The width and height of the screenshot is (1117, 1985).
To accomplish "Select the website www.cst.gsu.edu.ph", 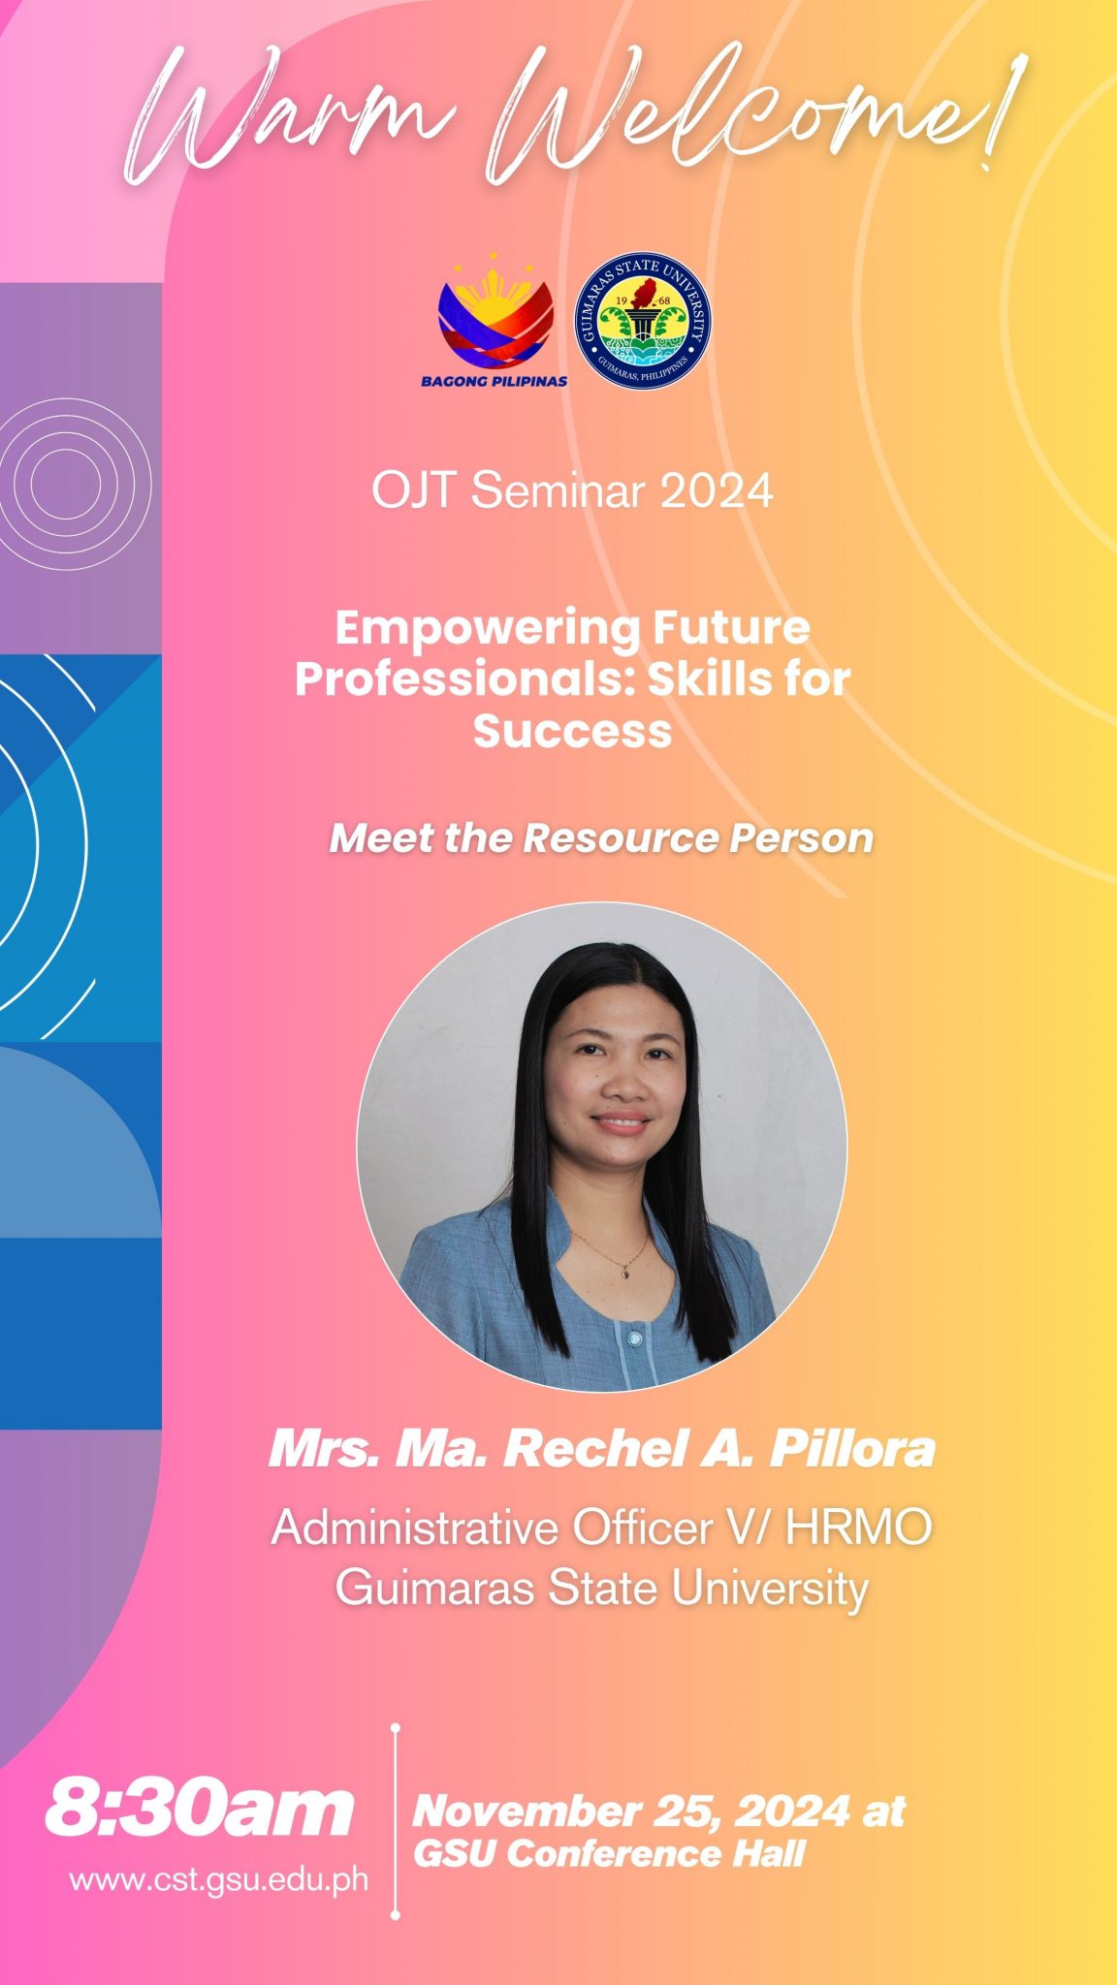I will tap(219, 1879).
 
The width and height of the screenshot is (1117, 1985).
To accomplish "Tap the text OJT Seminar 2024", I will tap(572, 491).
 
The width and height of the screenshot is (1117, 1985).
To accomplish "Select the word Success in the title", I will tap(572, 731).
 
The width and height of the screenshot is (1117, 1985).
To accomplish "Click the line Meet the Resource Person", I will tap(601, 838).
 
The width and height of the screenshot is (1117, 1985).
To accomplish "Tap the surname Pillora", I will tap(852, 1449).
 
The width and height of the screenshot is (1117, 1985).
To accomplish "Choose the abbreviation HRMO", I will tap(858, 1528).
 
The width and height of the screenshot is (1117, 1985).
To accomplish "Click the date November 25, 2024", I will tap(631, 1811).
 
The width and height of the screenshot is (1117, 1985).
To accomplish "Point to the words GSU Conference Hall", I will tap(609, 1853).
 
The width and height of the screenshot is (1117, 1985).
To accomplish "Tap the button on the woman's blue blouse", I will tap(634, 1339).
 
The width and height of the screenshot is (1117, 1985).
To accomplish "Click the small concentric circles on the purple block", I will tap(66, 483).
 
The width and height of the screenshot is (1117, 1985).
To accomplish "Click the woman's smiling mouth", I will tap(622, 1123).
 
